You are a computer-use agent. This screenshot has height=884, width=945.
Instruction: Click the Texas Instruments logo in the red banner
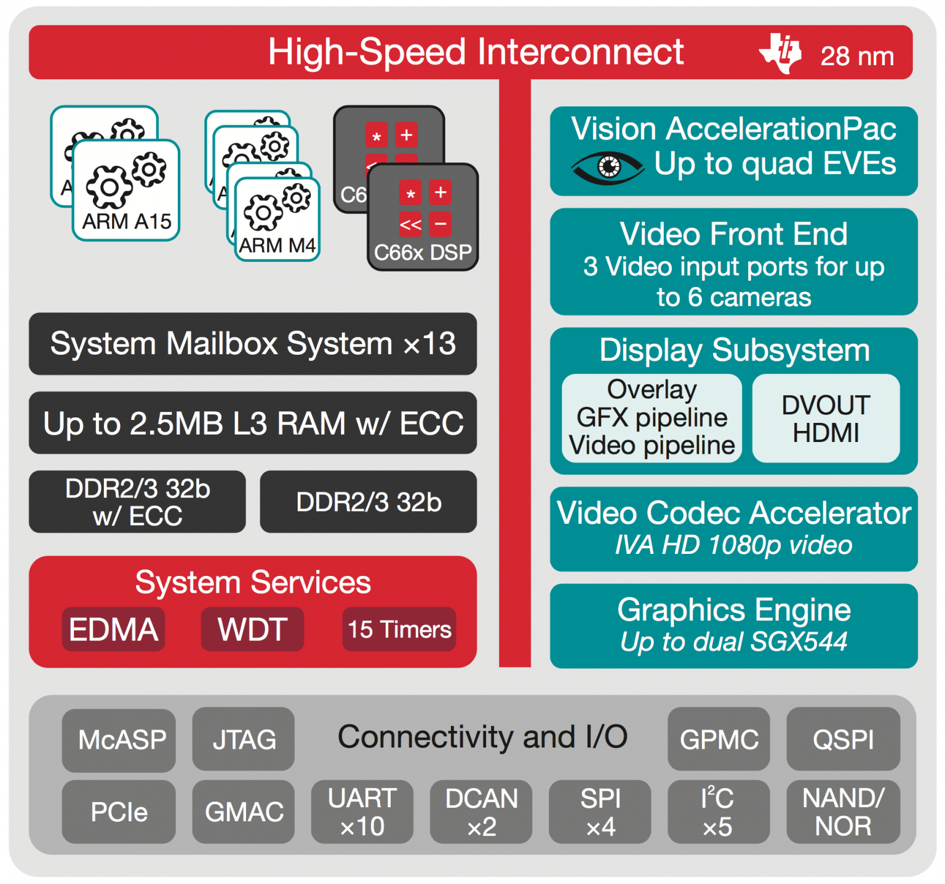pyautogui.click(x=780, y=53)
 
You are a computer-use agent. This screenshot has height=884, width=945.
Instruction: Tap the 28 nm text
pyautogui.click(x=856, y=57)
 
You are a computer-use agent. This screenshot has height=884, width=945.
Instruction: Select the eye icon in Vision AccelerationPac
pyautogui.click(x=607, y=167)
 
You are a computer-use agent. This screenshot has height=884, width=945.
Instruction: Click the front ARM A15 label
pyautogui.click(x=127, y=221)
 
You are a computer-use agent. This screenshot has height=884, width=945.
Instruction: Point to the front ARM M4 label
pyautogui.click(x=277, y=245)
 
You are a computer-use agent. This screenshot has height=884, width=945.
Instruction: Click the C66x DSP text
pyautogui.click(x=423, y=253)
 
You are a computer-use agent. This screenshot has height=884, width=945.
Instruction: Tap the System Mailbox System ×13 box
pyautogui.click(x=252, y=344)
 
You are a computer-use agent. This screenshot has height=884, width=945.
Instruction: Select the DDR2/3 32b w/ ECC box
pyautogui.click(x=137, y=502)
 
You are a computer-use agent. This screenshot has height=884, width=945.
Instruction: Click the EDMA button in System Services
pyautogui.click(x=113, y=629)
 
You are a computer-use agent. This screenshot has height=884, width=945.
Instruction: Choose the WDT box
pyautogui.click(x=252, y=629)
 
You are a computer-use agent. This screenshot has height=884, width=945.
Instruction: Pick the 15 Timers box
pyautogui.click(x=399, y=629)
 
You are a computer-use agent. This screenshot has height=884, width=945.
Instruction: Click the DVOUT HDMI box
pyautogui.click(x=826, y=419)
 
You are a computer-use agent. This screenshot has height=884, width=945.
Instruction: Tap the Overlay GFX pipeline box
pyautogui.click(x=652, y=418)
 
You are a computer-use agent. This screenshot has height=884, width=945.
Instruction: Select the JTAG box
pyautogui.click(x=244, y=740)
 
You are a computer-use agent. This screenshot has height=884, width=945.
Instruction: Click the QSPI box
pyautogui.click(x=843, y=740)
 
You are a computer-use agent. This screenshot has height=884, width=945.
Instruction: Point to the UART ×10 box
pyautogui.click(x=362, y=812)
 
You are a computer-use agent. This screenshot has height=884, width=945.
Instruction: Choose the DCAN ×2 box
pyautogui.click(x=481, y=812)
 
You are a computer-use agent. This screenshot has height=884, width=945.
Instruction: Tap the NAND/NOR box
pyautogui.click(x=843, y=812)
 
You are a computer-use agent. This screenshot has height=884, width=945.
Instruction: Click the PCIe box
pyautogui.click(x=119, y=812)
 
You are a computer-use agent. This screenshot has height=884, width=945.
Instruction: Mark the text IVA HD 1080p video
pyautogui.click(x=733, y=545)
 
